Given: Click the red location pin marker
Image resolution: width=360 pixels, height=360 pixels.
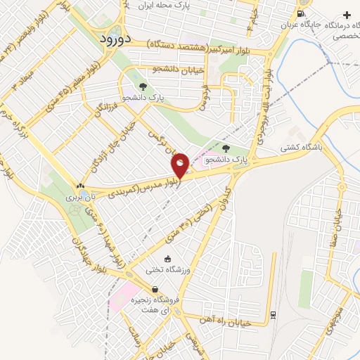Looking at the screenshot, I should (x=180, y=165).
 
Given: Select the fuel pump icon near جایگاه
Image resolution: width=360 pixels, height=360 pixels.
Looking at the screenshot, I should (x=301, y=14).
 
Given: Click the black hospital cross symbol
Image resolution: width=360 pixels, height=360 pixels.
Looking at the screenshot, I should (x=347, y=14).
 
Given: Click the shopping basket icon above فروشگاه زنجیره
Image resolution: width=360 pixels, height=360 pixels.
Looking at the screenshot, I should (x=155, y=289).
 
